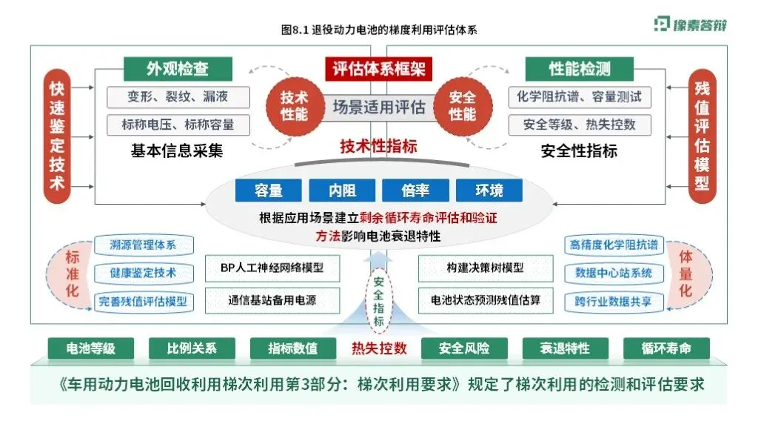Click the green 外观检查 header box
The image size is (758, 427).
point(178,70)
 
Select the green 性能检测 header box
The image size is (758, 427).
point(580,70)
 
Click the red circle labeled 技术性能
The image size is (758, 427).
point(294,106)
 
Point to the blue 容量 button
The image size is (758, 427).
point(269,191)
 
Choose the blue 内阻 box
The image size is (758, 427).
point(342,191)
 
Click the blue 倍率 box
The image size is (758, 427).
point(415,191)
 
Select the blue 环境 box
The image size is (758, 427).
point(489,191)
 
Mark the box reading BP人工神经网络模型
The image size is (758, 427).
point(272,267)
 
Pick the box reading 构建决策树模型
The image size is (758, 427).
point(486,267)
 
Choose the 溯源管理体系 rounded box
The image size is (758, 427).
point(143,245)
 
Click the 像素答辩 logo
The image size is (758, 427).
point(690,24)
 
